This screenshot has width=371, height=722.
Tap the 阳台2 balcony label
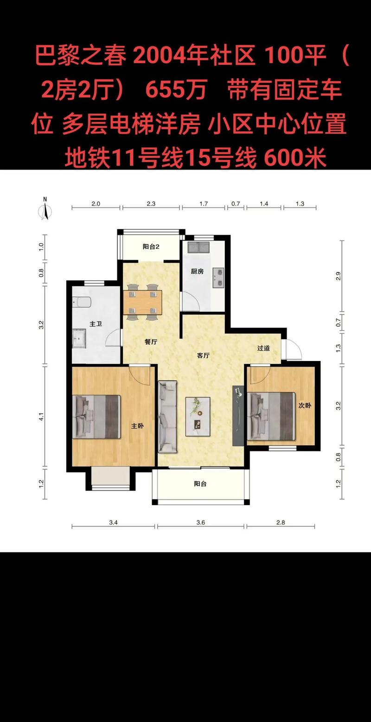tap(151, 247)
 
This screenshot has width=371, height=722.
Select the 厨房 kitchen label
tap(197, 272)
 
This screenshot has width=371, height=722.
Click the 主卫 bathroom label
tap(96, 323)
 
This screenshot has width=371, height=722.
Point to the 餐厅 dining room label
tap(151, 342)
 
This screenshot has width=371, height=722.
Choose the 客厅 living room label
tap(203, 355)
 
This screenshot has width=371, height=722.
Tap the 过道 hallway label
tap(263, 348)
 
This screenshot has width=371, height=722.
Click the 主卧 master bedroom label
tap(137, 426)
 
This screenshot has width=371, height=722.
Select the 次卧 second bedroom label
tap(305, 405)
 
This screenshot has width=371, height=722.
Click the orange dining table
tap(142, 302)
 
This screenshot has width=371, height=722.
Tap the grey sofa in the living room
tap(168, 417)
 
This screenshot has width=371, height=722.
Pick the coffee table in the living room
tap(198, 417)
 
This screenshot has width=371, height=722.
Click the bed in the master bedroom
tap(96, 417)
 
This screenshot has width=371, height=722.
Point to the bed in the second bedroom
tap(271, 416)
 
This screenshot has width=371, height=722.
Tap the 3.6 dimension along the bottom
tap(201, 522)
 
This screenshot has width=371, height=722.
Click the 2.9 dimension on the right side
tap(338, 276)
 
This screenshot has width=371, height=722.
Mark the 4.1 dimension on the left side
tap(41, 417)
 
